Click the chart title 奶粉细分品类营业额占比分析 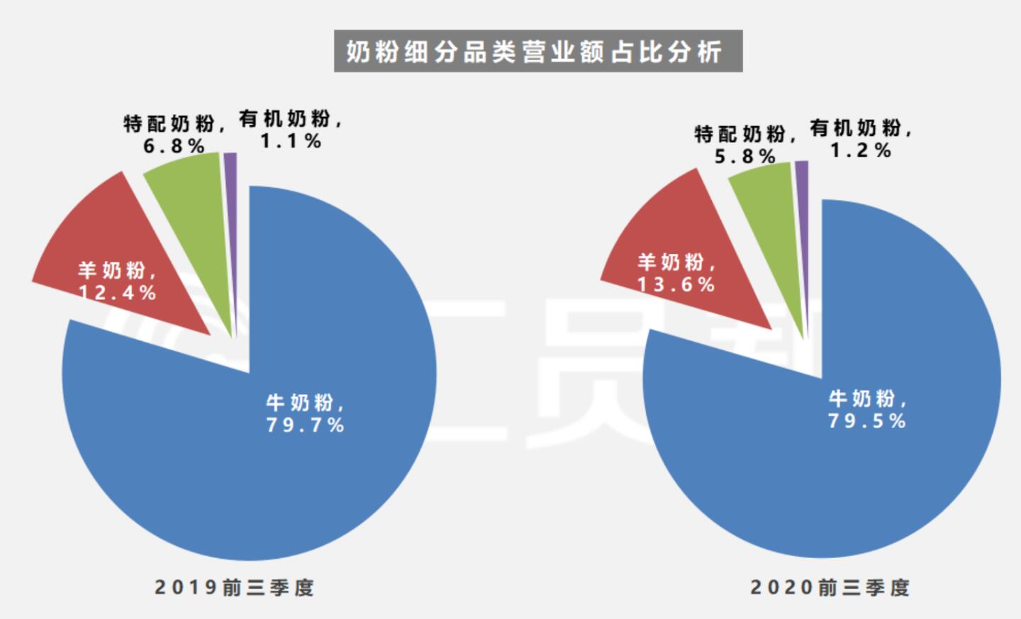[538, 51]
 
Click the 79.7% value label [306, 425]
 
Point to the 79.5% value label [867, 420]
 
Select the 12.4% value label [118, 293]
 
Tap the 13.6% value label [676, 284]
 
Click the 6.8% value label [174, 146]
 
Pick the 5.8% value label [744, 156]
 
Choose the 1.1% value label [291, 141]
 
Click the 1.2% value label [861, 150]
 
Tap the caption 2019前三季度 [234, 587]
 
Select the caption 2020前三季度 [830, 587]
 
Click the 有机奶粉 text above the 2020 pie [856, 128]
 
